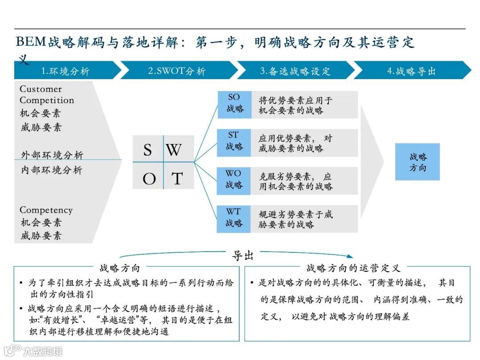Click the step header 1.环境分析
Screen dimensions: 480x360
(x=65, y=71)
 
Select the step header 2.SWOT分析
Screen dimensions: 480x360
(x=177, y=71)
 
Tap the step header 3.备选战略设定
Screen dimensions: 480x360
(x=295, y=71)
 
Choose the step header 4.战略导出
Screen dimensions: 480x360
(x=411, y=71)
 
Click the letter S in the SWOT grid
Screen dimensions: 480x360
(x=148, y=150)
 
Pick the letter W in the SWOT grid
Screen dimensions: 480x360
(x=174, y=150)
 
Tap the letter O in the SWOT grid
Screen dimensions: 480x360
(x=149, y=179)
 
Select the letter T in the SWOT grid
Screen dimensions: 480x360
(x=177, y=179)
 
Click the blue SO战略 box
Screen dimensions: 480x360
(x=234, y=104)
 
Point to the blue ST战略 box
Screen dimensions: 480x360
(x=234, y=142)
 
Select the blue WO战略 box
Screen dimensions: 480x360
(x=234, y=180)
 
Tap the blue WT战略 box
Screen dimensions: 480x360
(x=234, y=218)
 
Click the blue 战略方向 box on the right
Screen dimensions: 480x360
(x=417, y=162)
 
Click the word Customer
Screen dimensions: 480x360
(x=41, y=89)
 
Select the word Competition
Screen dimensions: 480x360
(x=47, y=100)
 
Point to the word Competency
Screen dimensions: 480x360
(x=46, y=210)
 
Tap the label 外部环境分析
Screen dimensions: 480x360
(x=52, y=155)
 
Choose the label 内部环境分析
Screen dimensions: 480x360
(x=52, y=170)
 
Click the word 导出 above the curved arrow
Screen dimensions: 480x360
(x=243, y=256)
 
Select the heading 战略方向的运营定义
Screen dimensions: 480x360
(x=353, y=268)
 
